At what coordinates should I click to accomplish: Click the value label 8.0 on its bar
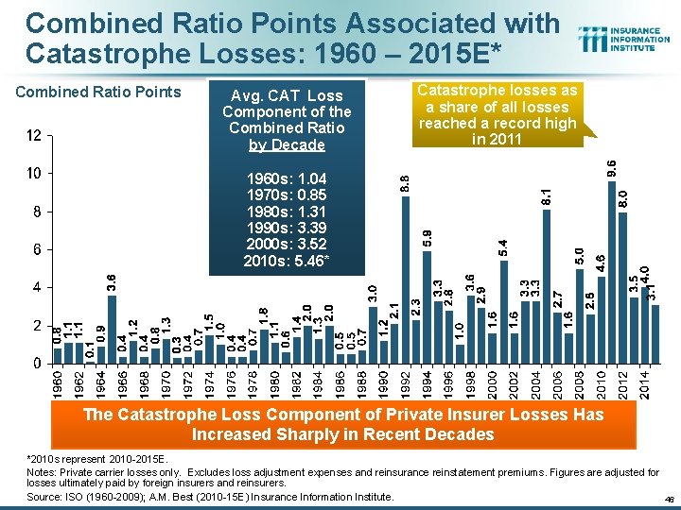click(x=622, y=199)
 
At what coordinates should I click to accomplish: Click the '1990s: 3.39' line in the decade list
click(x=286, y=227)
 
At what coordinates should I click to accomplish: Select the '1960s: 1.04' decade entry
click(x=286, y=179)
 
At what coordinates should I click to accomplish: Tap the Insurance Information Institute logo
click(x=625, y=39)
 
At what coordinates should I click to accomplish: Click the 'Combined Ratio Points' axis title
click(x=99, y=92)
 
